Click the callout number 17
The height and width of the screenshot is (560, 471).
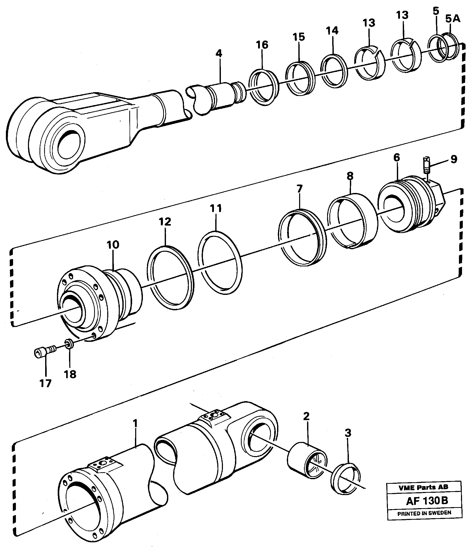pos(45,383)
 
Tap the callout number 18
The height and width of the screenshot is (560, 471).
pos(70,374)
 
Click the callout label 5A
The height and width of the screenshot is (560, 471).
pos(453,19)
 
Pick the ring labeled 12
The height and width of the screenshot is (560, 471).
pos(170,278)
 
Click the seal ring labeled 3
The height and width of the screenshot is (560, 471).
pos(346,480)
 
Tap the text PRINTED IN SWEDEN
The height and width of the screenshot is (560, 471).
pos(424,513)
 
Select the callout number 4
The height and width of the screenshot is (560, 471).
pos(219,54)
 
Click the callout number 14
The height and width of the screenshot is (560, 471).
pos(332,31)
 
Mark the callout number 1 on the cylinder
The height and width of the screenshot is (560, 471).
pos(135,423)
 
